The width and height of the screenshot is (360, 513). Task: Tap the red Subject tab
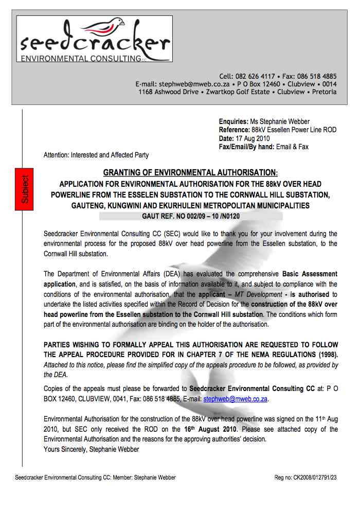pos(25,188)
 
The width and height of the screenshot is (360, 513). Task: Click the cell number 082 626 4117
pos(255,76)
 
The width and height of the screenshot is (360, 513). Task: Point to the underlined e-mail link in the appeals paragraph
pos(236,398)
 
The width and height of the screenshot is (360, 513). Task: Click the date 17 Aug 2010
pos(253,138)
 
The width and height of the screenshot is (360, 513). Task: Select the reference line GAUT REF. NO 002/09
pos(190,216)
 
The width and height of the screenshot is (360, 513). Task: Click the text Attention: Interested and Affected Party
pos(96,154)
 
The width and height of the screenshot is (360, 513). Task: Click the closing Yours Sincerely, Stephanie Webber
pos(92,449)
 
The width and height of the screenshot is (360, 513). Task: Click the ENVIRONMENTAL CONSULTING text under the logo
pos(80,59)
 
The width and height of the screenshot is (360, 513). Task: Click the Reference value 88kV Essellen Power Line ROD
pos(294,130)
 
